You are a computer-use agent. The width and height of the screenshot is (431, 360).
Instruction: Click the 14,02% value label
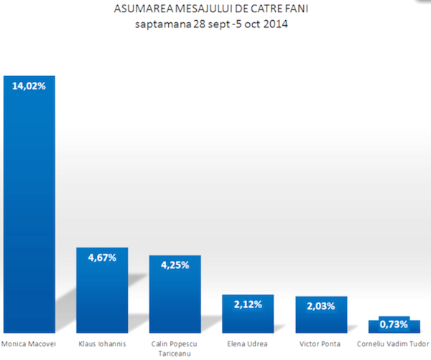click(29, 86)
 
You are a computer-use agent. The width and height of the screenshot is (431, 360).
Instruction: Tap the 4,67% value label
click(102, 257)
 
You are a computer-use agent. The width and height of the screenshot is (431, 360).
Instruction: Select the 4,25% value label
click(175, 264)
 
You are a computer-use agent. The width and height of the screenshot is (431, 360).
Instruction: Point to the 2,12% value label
click(248, 304)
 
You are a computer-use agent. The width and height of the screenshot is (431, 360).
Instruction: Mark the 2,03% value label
click(321, 305)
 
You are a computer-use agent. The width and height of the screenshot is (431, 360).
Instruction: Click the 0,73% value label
click(393, 325)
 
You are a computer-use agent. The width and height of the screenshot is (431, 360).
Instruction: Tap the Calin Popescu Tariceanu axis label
click(175, 349)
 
